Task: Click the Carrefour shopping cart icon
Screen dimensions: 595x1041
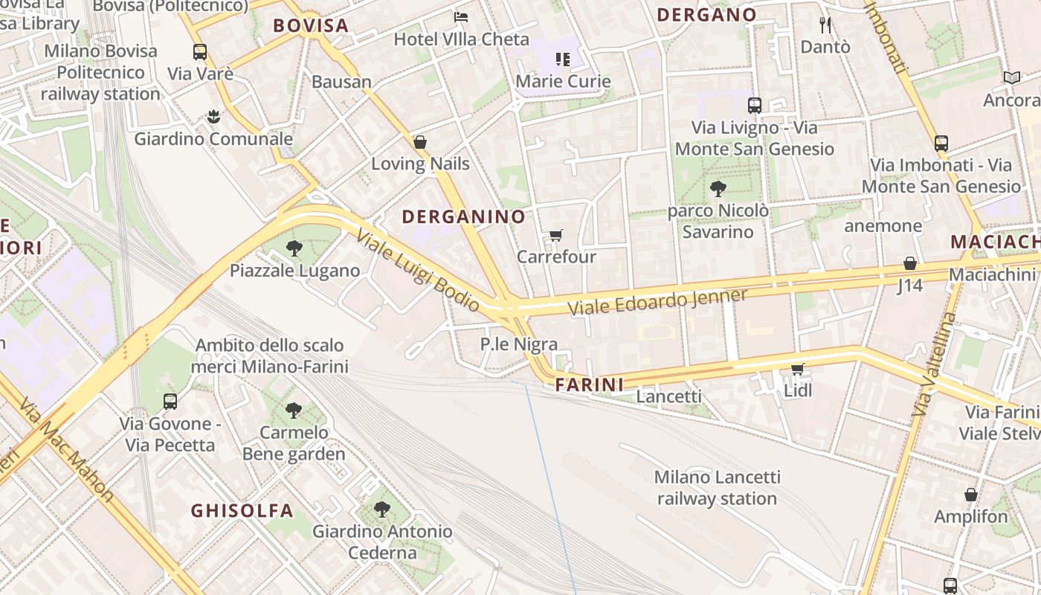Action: pos(555,236)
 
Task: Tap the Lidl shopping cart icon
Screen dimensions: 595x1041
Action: pos(798,369)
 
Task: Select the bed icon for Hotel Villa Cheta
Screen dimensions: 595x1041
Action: pos(461,16)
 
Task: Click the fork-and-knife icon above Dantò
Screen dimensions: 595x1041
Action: pos(825,25)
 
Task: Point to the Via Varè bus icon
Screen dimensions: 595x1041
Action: pos(200,52)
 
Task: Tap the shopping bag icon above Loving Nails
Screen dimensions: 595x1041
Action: pos(420,142)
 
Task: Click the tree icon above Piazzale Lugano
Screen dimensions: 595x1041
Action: pos(294,248)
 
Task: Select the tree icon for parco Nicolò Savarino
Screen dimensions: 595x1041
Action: pos(718,189)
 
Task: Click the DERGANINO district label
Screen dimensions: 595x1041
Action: pos(464,217)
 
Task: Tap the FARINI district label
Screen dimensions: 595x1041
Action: pos(589,385)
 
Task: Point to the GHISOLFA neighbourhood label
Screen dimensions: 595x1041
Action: pos(242,511)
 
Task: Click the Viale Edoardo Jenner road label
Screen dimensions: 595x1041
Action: pos(657,301)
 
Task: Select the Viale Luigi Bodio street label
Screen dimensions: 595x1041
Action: pos(417,270)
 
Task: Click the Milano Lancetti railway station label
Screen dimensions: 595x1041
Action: pos(717,488)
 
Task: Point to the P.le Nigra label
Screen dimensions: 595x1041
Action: pos(519,344)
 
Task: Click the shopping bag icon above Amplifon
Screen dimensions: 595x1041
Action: pos(970,495)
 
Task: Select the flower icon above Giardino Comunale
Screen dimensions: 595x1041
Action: pos(213,116)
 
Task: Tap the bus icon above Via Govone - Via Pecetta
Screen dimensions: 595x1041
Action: pos(170,402)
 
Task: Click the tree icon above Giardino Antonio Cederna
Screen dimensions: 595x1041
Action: pos(381,509)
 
